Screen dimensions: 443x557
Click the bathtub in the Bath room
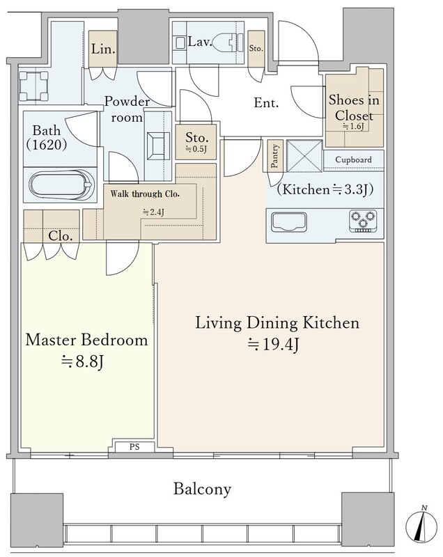coord(61,185)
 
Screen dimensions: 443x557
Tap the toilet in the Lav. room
coord(227,42)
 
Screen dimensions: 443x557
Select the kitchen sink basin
coord(289,222)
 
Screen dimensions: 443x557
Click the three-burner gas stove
coord(362,221)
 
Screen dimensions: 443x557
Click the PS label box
coord(134,446)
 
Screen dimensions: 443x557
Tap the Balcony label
coord(202,489)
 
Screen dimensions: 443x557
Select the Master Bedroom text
coord(86,340)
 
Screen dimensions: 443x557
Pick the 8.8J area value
coord(82,361)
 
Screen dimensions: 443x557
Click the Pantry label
coord(274,155)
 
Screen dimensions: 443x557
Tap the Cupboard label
coord(353,160)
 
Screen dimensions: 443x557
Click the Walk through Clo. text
coord(145,194)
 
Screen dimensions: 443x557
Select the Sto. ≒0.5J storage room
coord(196,142)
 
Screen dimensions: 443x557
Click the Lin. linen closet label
coord(103,49)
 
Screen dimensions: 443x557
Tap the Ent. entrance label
coord(266,103)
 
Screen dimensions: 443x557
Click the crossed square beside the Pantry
coord(304,156)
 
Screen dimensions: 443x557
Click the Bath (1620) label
coord(46,137)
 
